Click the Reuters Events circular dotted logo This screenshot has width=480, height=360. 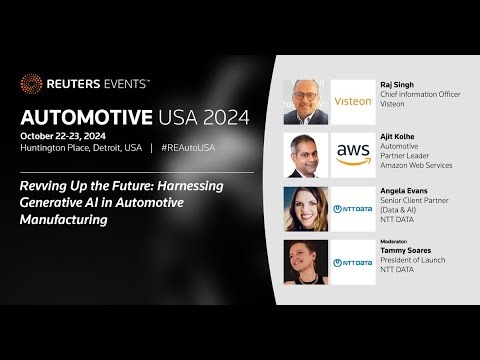31,84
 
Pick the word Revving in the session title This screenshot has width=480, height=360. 44,185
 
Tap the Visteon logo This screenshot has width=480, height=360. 353,100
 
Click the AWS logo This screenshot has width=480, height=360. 353,153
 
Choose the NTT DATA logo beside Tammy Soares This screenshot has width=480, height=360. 353,261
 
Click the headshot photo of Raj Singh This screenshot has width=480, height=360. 306,100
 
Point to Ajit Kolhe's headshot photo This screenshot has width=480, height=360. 306,153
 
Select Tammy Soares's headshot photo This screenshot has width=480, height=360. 306,261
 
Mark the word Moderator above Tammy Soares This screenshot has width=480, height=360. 396,242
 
